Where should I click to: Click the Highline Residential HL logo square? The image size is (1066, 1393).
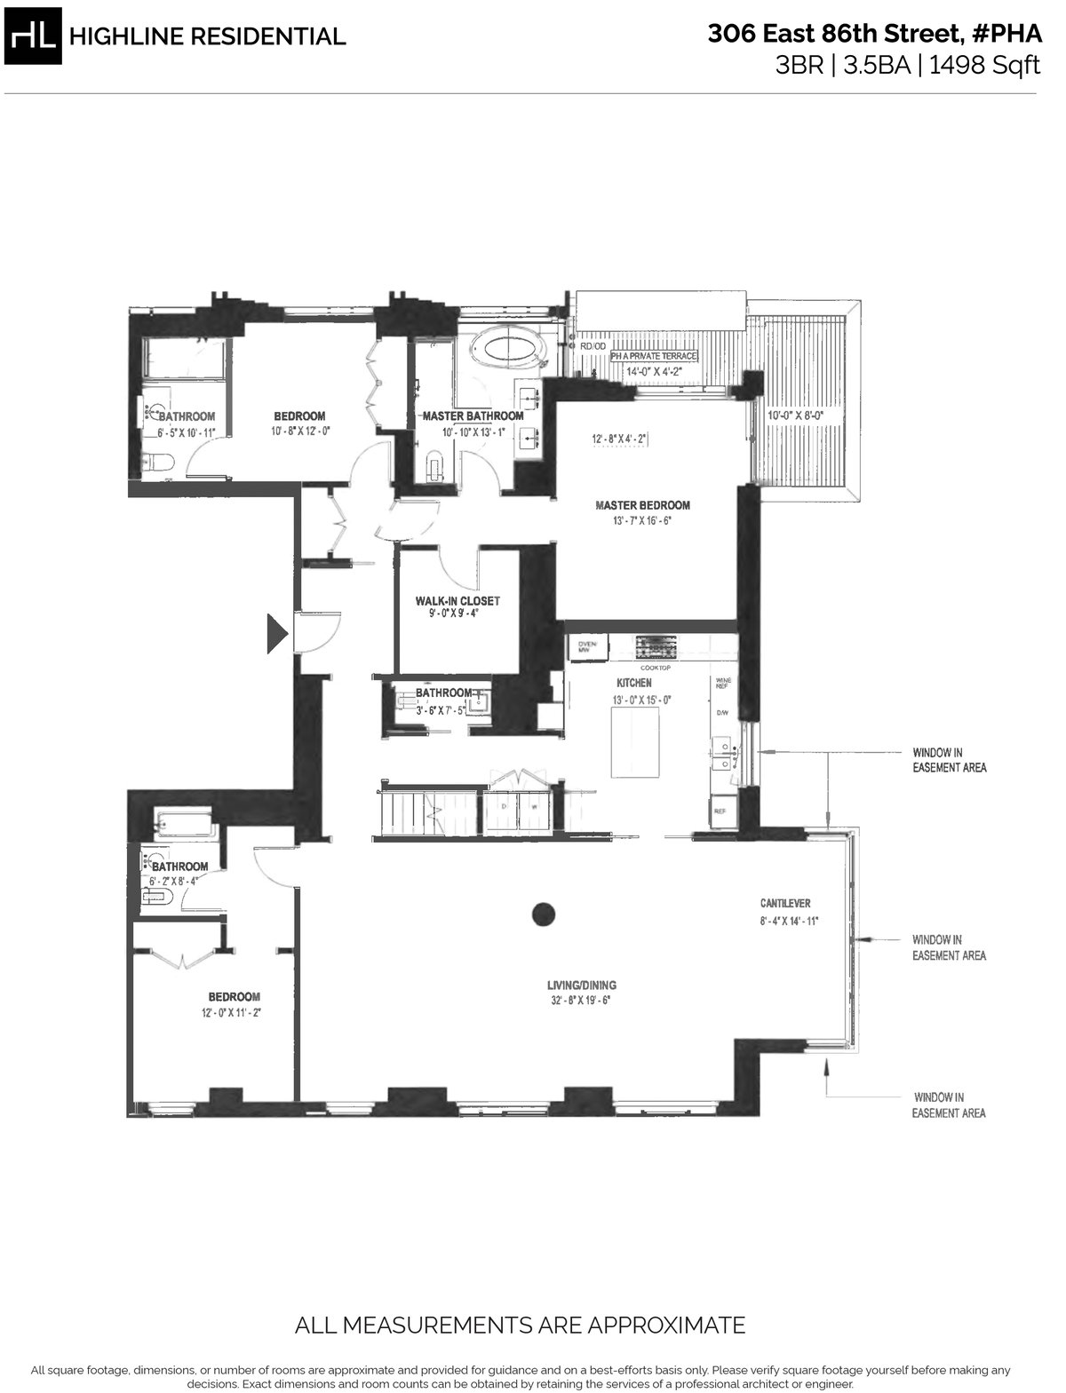click(33, 35)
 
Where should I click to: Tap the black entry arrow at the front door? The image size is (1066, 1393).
click(277, 634)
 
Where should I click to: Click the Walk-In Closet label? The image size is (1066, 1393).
click(457, 601)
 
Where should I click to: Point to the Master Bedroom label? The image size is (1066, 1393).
click(642, 505)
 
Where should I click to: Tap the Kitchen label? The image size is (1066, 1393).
click(634, 683)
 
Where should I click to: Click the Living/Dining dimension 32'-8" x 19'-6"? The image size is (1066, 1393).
click(582, 1001)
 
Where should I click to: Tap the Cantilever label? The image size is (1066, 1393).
click(785, 904)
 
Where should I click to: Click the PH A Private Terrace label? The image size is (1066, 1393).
click(653, 357)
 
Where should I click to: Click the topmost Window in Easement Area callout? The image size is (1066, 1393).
click(949, 759)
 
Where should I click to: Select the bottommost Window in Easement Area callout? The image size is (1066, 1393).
click(949, 1105)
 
